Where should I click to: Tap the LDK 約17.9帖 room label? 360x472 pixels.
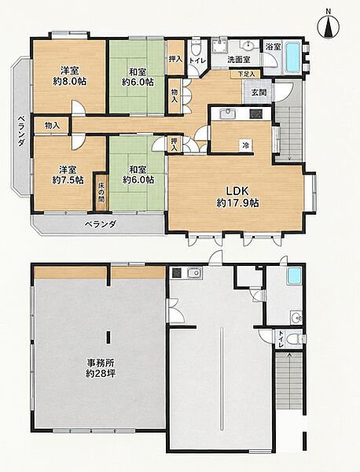coord(237,197)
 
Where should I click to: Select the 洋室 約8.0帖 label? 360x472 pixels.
coord(70,76)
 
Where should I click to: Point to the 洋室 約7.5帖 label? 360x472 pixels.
coord(68,175)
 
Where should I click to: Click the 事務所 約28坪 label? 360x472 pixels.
coord(101,368)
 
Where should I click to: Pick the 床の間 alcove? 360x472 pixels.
coord(101,192)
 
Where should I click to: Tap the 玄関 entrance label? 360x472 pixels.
coord(259,92)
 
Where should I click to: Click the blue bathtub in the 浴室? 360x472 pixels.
coord(292,57)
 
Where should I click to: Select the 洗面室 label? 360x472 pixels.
coord(238,60)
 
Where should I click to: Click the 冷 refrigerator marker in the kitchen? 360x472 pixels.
coord(246,146)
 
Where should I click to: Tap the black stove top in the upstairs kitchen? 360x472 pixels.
coord(256,114)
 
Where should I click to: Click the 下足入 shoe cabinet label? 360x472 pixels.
coord(247,73)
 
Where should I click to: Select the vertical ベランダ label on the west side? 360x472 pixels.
coord(20,131)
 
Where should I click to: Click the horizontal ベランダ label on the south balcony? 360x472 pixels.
coord(100,224)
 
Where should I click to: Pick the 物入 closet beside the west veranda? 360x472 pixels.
coord(53,126)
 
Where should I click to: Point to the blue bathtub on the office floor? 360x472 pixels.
coord(294,276)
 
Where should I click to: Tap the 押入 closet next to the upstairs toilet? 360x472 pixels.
coord(175,59)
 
